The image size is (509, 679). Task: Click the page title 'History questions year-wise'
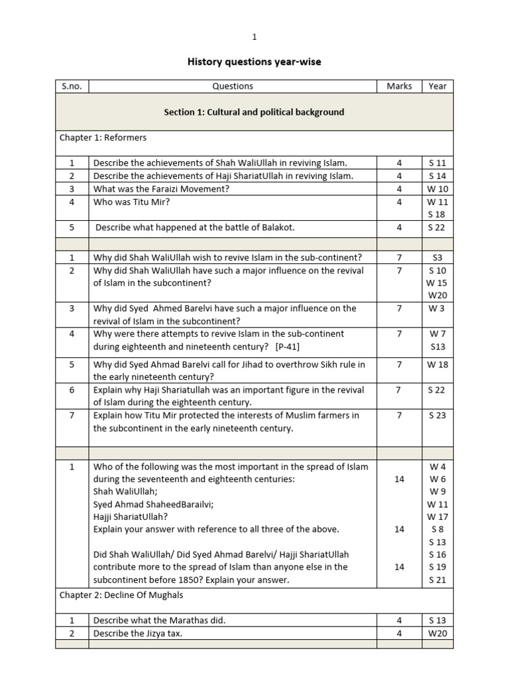click(x=255, y=62)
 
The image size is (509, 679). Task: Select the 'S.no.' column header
click(x=72, y=86)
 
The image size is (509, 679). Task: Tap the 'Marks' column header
click(x=399, y=86)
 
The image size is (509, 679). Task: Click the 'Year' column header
click(x=437, y=86)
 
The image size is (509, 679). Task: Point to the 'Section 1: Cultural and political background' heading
click(x=254, y=112)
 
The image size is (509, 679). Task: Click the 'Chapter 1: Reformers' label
click(x=103, y=138)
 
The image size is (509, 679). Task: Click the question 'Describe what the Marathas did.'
click(x=159, y=620)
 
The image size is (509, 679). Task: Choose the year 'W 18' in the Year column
click(x=437, y=364)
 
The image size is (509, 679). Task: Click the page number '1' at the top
click(x=254, y=36)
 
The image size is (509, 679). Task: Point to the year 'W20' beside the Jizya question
click(x=437, y=633)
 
